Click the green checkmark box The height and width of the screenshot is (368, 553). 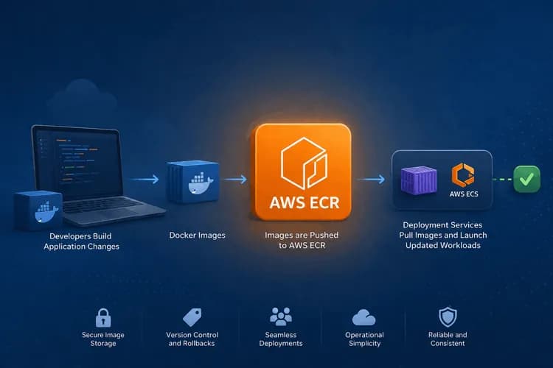click(x=526, y=179)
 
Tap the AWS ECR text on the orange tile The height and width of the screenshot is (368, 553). click(x=305, y=202)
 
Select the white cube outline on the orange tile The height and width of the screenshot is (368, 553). click(x=304, y=163)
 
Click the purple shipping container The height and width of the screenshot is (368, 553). click(x=419, y=180)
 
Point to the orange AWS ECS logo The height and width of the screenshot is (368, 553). click(x=463, y=174)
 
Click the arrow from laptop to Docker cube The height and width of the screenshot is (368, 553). click(x=144, y=180)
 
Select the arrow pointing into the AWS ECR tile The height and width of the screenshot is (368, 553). click(x=235, y=180)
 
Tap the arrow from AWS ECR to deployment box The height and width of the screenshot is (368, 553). click(x=371, y=180)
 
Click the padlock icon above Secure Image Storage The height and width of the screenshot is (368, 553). click(x=103, y=318)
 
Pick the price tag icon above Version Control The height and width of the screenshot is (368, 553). click(x=192, y=317)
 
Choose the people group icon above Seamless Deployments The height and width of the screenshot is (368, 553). click(x=281, y=316)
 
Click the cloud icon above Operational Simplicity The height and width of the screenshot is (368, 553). click(x=364, y=317)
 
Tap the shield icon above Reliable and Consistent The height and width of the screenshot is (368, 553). click(x=448, y=317)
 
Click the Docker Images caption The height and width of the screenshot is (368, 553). click(x=197, y=236)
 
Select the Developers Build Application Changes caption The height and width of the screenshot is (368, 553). click(x=81, y=241)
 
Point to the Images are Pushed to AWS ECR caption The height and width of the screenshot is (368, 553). click(x=302, y=240)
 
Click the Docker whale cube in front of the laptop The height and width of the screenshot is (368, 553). click(x=38, y=211)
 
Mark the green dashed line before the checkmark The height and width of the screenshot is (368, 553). click(x=502, y=180)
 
